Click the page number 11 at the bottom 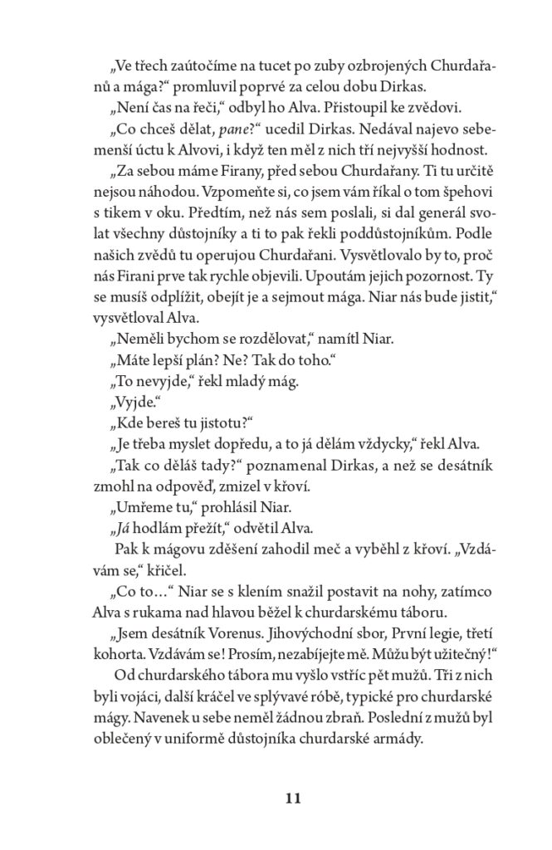[x=291, y=799]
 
